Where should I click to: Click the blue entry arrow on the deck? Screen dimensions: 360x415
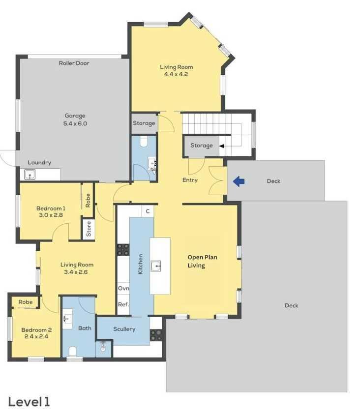pyautogui.click(x=239, y=181)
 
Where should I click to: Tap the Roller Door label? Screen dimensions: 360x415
pyautogui.click(x=74, y=63)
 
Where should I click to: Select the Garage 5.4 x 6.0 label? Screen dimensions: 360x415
pyautogui.click(x=75, y=119)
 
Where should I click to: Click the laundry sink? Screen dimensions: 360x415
pyautogui.click(x=30, y=175)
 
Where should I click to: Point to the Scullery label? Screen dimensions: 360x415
pyautogui.click(x=124, y=329)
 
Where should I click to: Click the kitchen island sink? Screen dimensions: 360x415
pyautogui.click(x=155, y=266)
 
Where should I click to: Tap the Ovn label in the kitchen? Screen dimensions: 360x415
pyautogui.click(x=123, y=288)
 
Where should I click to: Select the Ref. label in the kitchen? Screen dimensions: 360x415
pyautogui.click(x=123, y=305)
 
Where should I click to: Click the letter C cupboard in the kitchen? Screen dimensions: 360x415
pyautogui.click(x=148, y=211)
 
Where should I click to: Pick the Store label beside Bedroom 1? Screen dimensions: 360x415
pyautogui.click(x=89, y=229)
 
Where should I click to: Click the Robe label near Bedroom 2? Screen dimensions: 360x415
pyautogui.click(x=26, y=302)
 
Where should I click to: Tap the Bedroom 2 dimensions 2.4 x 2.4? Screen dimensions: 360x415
pyautogui.click(x=36, y=337)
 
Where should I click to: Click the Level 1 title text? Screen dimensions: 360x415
pyautogui.click(x=29, y=402)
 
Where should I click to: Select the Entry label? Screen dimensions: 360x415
pyautogui.click(x=190, y=180)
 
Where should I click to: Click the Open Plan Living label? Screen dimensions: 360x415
pyautogui.click(x=202, y=261)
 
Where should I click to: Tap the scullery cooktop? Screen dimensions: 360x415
pyautogui.click(x=156, y=335)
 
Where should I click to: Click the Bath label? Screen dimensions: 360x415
pyautogui.click(x=85, y=328)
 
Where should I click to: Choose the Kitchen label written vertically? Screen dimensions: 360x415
pyautogui.click(x=141, y=264)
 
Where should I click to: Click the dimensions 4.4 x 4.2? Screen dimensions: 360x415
pyautogui.click(x=176, y=74)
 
